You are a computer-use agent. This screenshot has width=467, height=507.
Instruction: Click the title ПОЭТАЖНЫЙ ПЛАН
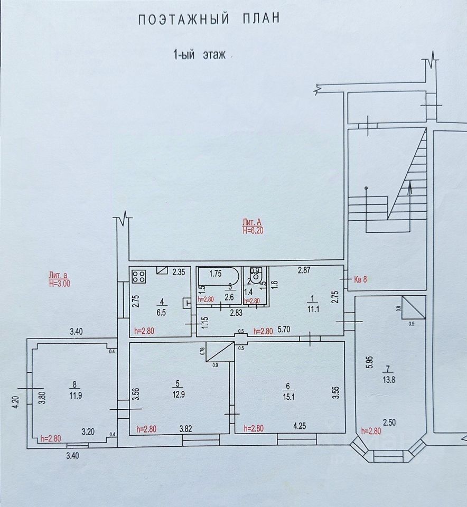[x=208, y=20]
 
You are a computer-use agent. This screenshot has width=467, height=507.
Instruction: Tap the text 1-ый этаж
[x=200, y=55]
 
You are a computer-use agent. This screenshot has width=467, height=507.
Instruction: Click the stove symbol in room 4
[x=139, y=276]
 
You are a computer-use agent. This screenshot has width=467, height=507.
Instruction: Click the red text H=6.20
[x=253, y=230]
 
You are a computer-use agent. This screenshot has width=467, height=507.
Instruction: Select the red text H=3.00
[x=59, y=283]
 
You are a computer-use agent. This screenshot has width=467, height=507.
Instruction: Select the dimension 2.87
[x=304, y=270]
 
